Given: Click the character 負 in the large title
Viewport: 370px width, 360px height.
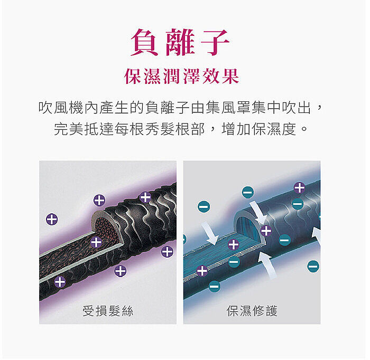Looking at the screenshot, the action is (x=144, y=42).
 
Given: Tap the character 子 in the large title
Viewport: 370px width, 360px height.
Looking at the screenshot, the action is (x=215, y=42).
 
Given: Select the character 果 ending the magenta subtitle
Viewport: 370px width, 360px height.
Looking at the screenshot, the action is (x=230, y=76).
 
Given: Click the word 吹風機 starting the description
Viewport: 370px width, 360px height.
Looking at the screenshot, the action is (x=61, y=108).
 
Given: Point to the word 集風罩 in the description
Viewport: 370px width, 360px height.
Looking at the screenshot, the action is (x=228, y=108).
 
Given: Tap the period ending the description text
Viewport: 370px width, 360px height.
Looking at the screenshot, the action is (x=304, y=129).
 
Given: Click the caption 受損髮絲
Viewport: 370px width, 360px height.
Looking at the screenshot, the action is (x=108, y=311).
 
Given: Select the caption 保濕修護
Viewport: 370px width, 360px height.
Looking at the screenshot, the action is (x=252, y=311).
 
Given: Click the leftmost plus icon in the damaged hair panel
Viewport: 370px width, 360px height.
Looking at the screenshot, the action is (x=52, y=220).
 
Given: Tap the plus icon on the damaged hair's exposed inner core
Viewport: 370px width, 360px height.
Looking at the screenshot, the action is (x=96, y=242).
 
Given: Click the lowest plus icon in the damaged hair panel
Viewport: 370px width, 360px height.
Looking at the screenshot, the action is (x=60, y=282).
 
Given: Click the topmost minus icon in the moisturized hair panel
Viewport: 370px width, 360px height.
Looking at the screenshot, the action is (x=247, y=192).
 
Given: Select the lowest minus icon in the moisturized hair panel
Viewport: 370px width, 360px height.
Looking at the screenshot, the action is (x=215, y=287).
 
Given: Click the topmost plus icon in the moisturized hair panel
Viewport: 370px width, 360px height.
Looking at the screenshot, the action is (x=300, y=188).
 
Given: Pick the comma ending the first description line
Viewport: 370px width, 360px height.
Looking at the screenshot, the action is (x=319, y=108).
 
